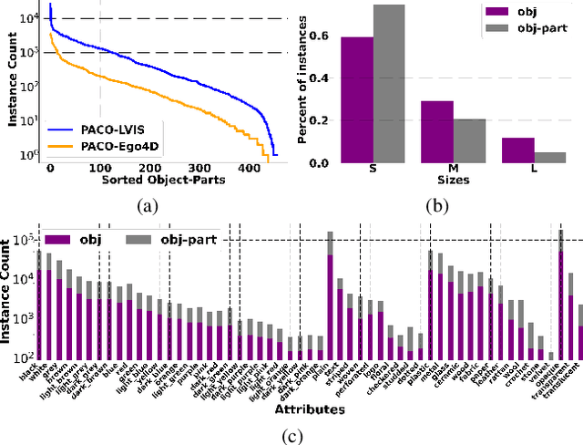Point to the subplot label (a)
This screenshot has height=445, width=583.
point(148,207)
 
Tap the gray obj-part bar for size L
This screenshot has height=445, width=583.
point(550,157)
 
